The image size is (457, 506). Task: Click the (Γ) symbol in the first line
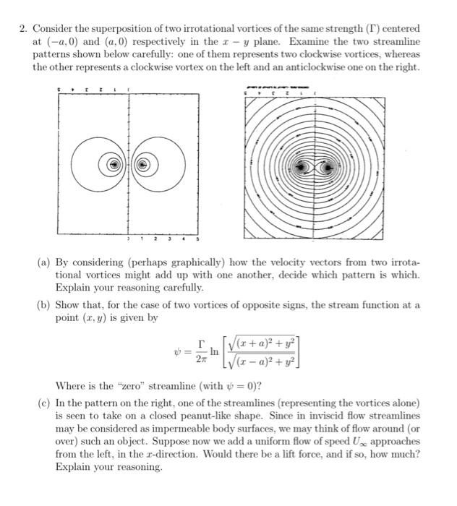(x=372, y=28)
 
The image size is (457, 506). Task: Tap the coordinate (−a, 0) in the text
(x=57, y=41)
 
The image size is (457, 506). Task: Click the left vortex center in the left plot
(x=112, y=166)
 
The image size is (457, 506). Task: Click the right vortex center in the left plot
(x=143, y=166)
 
